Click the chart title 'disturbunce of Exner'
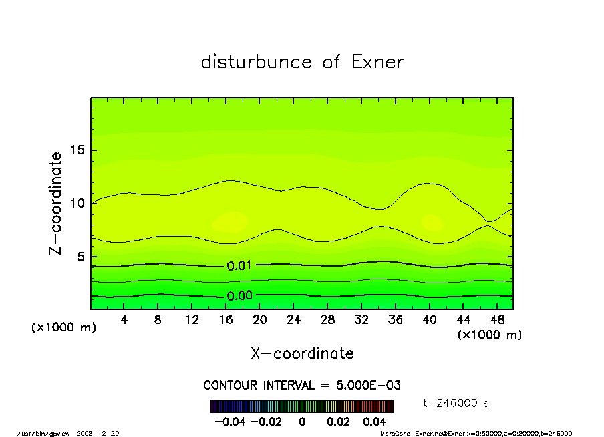tap(302, 62)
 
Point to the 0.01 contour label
tap(239, 266)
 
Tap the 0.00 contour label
tap(239, 296)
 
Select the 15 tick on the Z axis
tap(78, 150)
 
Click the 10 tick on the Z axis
tap(78, 203)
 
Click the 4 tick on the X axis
tap(124, 320)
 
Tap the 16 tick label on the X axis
tap(226, 320)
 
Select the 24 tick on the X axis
tap(293, 320)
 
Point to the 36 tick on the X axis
tap(396, 320)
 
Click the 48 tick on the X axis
tap(497, 320)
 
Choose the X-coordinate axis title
tap(302, 353)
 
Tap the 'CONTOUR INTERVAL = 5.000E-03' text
tap(302, 386)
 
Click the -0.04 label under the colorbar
tap(229, 422)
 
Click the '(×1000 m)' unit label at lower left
tap(64, 328)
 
